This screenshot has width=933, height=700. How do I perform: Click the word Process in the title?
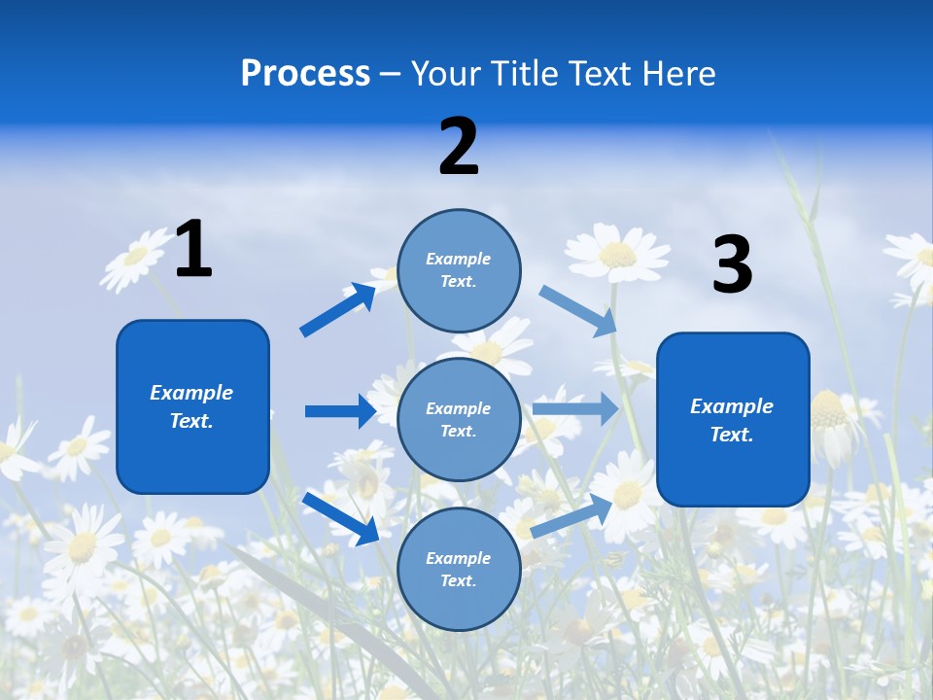coord(305,74)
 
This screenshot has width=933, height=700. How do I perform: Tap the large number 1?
coord(193,249)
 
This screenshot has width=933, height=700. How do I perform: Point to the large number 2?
coord(459,147)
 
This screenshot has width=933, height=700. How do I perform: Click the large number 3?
coord(732,265)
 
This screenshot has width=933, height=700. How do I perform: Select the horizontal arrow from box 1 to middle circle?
coord(340,411)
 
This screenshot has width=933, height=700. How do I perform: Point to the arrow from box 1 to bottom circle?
coord(340,517)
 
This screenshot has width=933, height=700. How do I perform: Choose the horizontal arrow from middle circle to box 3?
coord(575,408)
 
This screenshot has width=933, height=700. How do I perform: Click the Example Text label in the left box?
coord(191,406)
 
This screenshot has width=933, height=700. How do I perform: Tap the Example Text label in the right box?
coord(732,420)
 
